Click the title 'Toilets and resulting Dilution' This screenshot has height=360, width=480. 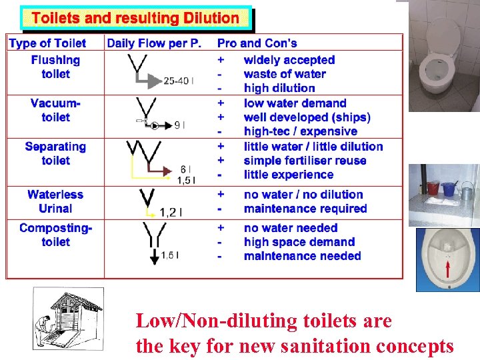coord(135,18)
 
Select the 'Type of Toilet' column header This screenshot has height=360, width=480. coord(47,43)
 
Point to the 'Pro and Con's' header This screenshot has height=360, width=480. coord(257,43)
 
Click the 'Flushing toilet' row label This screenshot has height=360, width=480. coord(55,67)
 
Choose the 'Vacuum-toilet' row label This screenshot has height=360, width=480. coord(55,110)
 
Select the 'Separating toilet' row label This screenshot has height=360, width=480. coord(55,153)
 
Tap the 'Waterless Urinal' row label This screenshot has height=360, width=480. coord(55,201)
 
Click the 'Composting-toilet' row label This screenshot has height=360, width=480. coord(55,235)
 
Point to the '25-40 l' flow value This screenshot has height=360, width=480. coord(179,81)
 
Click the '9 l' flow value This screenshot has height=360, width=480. coord(179,125)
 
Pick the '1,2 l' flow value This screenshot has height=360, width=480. coord(171,213)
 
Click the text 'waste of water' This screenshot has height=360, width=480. coord(285,74)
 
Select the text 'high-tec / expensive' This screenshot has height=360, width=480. coord(300,131)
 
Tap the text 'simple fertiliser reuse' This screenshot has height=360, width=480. coord(305,161)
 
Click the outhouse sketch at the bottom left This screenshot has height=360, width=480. coord(68,318)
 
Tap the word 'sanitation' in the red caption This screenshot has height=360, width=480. coord(299,346)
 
